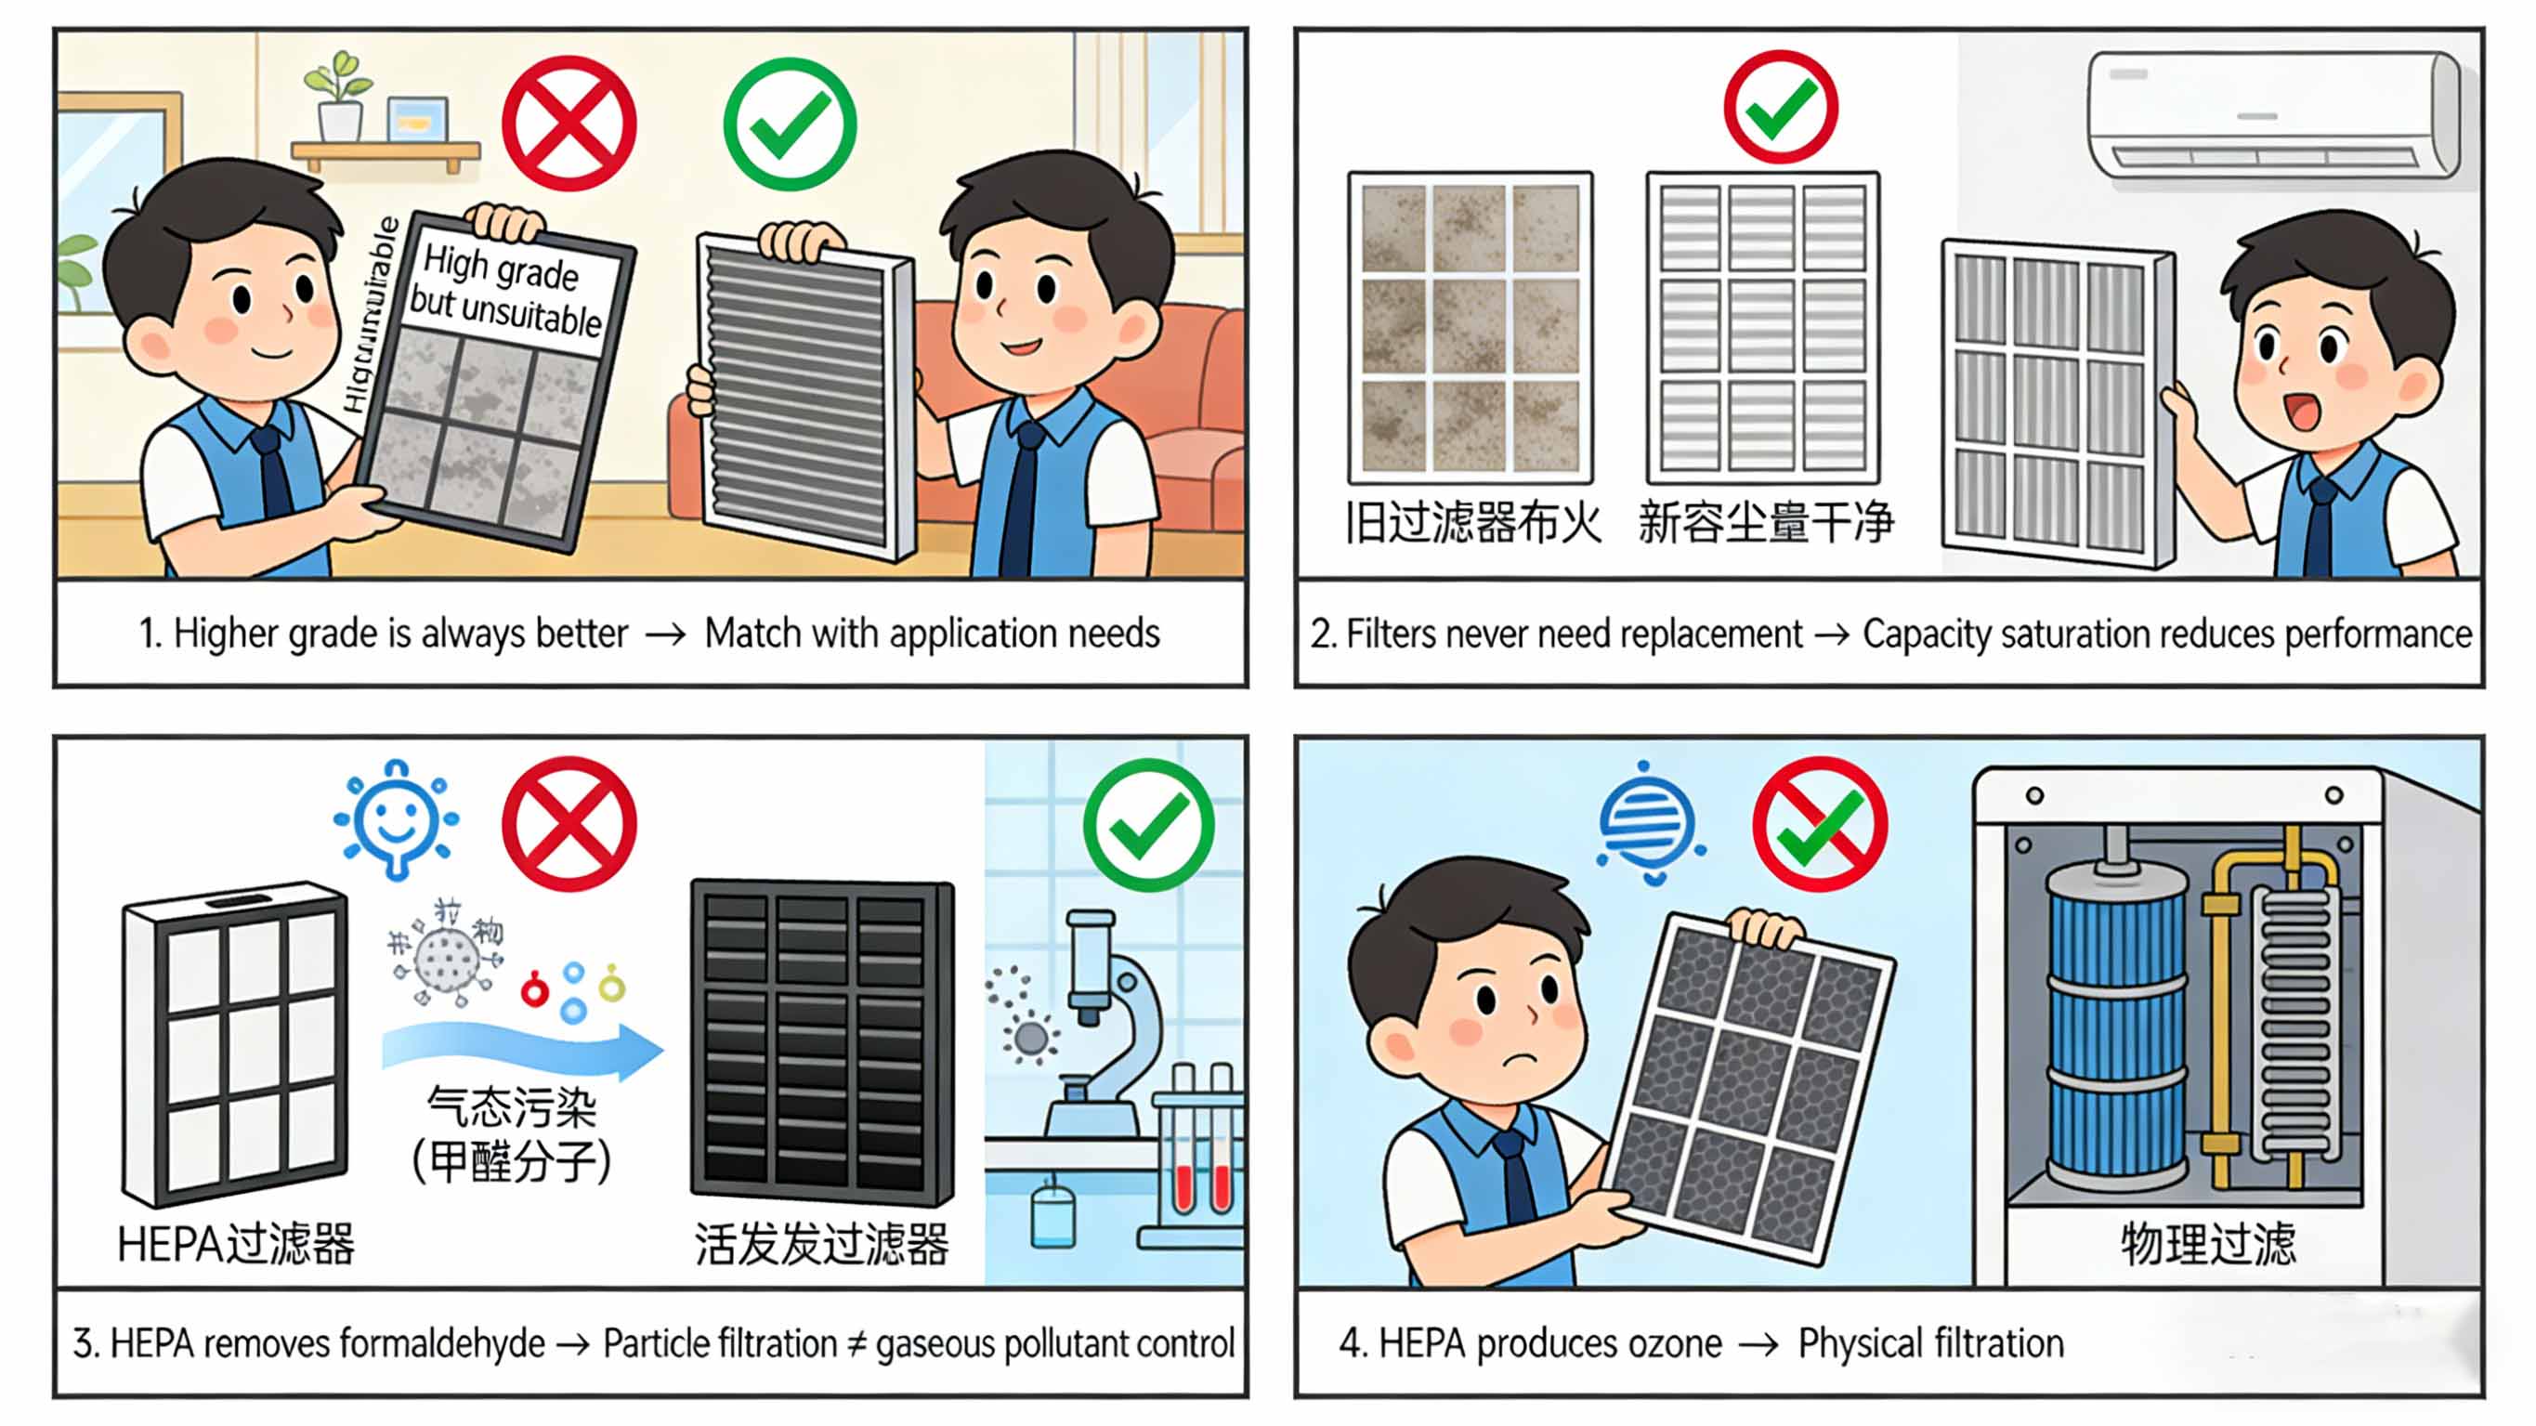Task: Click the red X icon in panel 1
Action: [569, 124]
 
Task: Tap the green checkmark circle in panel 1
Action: [790, 124]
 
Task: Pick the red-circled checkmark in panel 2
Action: [1780, 106]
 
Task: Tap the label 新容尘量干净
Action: [1765, 522]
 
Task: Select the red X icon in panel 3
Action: [569, 823]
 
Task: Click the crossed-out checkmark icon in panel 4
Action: [1819, 823]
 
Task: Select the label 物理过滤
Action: [2207, 1243]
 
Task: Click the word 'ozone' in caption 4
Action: [1674, 1343]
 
